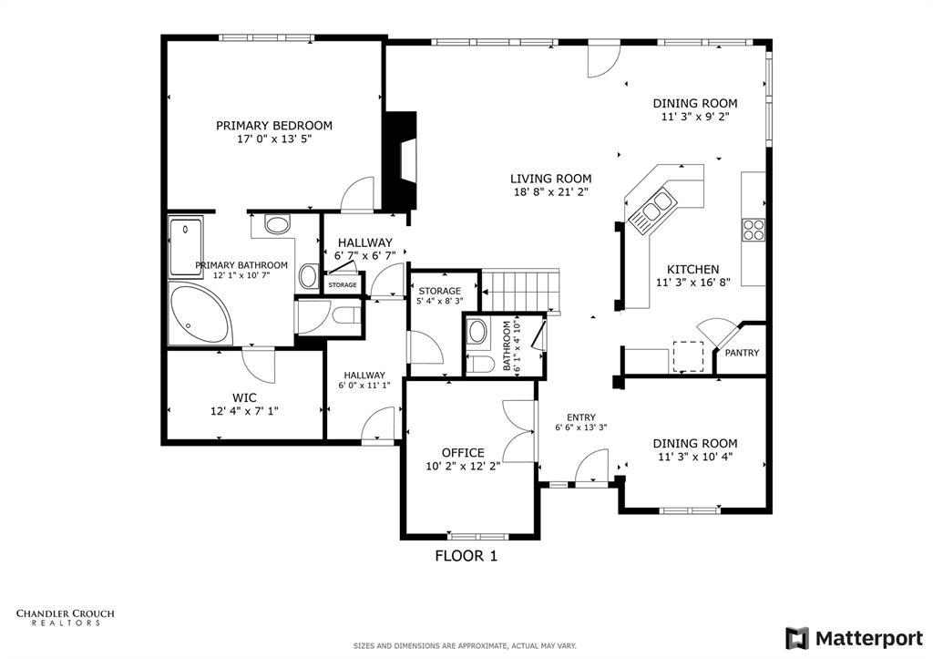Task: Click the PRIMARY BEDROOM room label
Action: (x=273, y=126)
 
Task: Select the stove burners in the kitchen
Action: (x=753, y=230)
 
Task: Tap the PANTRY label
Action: (x=742, y=353)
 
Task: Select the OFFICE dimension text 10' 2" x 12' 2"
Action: (x=463, y=467)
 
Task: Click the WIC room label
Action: (x=244, y=397)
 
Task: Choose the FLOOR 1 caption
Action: (x=466, y=555)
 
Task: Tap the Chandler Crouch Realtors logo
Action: (x=66, y=617)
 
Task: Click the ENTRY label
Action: (x=580, y=417)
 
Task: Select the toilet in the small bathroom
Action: (x=480, y=365)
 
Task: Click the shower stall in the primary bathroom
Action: (x=186, y=246)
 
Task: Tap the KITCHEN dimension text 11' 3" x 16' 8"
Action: (x=693, y=283)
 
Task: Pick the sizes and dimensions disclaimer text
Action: (x=465, y=646)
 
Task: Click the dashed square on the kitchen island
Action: (x=689, y=356)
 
